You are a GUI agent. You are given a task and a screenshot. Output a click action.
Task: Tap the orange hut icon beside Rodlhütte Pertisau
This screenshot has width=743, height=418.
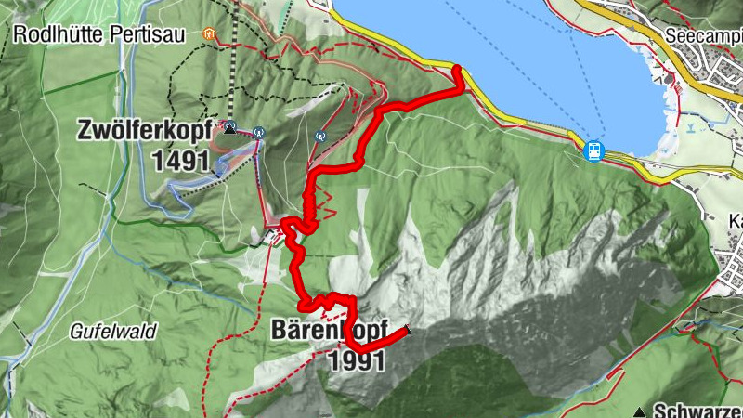tap(208, 34)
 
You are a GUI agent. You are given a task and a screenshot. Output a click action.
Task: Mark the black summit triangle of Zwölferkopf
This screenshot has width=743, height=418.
tap(230, 126)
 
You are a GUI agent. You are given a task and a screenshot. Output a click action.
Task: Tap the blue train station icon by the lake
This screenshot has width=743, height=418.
tap(592, 149)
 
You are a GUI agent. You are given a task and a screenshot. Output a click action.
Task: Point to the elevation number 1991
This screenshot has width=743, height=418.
tap(356, 360)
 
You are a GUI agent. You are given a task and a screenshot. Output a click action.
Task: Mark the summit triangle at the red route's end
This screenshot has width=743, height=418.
tap(406, 329)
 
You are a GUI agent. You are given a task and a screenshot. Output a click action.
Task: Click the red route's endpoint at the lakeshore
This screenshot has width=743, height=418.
tap(457, 68)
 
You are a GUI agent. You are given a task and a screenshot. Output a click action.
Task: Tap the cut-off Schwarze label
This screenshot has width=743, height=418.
tap(697, 411)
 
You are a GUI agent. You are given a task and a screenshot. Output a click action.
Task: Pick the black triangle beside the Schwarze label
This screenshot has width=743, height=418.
tap(639, 411)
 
